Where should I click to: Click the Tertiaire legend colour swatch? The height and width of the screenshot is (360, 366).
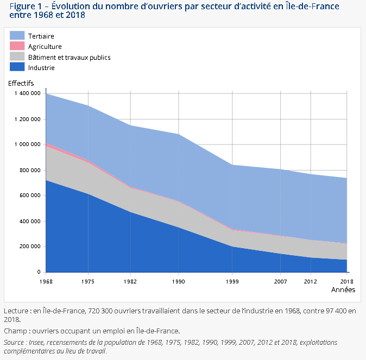[x=17, y=36]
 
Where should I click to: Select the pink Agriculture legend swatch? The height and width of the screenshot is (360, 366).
[x=17, y=47]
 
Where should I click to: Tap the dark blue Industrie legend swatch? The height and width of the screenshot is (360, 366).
[x=17, y=67]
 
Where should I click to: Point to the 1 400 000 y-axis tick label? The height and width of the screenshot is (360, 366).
[x=27, y=93]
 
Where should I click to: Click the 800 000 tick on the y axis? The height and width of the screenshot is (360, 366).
[x=30, y=170]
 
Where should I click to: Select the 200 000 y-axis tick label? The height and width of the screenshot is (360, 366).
[x=30, y=247]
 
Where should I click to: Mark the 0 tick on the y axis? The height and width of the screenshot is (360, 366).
[x=39, y=272]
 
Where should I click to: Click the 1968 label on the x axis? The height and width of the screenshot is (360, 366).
[x=46, y=281]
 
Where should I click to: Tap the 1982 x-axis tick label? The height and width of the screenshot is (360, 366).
[x=130, y=281]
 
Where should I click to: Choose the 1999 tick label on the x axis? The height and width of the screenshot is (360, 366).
[x=232, y=281]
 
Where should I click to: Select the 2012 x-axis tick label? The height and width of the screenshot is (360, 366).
[x=311, y=281]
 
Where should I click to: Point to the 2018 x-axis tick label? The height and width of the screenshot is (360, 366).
[x=346, y=281]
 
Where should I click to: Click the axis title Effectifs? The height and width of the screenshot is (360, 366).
[x=21, y=83]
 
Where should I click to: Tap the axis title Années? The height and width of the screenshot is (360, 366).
[x=343, y=290]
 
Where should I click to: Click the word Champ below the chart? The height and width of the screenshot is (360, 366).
[x=16, y=331]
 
